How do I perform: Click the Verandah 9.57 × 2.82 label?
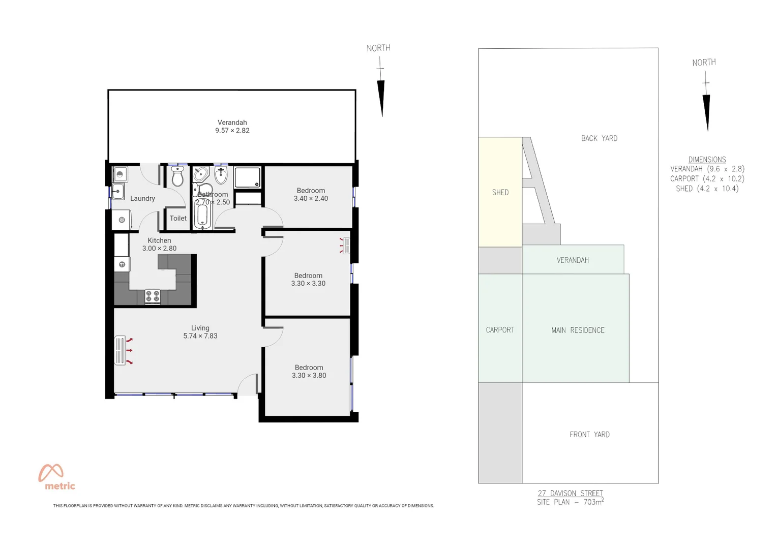[x=232, y=127]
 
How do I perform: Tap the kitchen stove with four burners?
[x=153, y=295]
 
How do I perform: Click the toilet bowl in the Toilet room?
[x=177, y=176]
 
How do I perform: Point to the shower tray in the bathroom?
[x=248, y=177]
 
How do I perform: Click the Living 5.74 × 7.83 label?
[x=200, y=332]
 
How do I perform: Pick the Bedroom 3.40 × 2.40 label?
[x=311, y=195]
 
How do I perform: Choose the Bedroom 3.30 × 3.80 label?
[x=309, y=372]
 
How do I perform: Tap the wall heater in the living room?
[x=121, y=350]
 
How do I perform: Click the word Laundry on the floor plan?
[x=142, y=198]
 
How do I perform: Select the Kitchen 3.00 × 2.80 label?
[x=159, y=245]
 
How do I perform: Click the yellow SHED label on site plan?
[x=500, y=192]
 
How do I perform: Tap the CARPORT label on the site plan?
[x=500, y=330]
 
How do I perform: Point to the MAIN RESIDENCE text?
[x=578, y=330]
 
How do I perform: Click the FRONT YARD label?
[x=589, y=435]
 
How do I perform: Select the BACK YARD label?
[x=599, y=138]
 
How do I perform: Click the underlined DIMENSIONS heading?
[x=707, y=160]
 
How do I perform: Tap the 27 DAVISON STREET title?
[x=570, y=493]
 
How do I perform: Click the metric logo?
[x=56, y=477]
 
